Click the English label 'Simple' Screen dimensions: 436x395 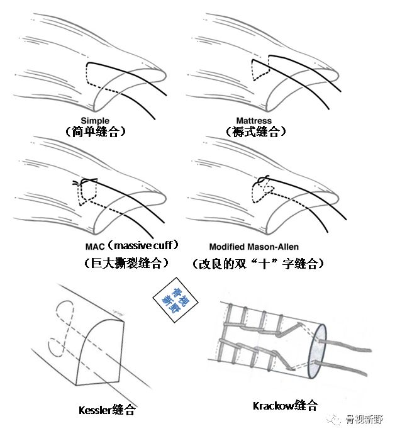(x=95, y=120)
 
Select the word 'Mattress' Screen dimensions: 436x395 (x=253, y=120)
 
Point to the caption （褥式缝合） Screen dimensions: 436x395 (x=255, y=131)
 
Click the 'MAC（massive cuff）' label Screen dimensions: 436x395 (x=132, y=244)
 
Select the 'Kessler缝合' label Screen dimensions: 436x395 (x=108, y=410)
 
